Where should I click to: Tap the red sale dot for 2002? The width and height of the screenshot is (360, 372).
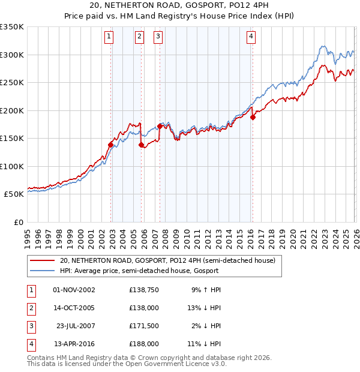point(111,145)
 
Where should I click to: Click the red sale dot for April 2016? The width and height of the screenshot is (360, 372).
point(253,118)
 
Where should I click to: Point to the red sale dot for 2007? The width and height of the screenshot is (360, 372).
point(160,127)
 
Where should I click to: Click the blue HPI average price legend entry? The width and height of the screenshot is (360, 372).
point(140,271)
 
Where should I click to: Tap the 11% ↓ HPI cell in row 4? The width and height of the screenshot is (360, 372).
point(204,344)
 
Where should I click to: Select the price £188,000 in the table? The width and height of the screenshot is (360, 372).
point(144,344)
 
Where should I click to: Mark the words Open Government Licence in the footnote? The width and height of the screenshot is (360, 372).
point(174,364)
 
